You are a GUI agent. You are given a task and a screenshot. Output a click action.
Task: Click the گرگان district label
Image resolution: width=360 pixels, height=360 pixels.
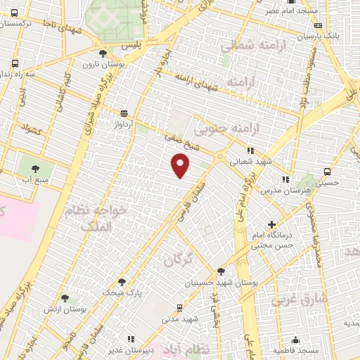coord(179,259)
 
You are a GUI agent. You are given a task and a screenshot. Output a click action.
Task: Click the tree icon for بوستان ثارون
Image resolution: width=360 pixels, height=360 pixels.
coord(103,53)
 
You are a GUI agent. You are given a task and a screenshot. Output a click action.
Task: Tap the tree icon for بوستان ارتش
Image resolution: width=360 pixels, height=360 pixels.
coord(65,299)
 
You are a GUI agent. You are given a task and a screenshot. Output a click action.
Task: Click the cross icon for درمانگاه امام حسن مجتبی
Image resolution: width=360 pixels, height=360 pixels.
coord(271,225)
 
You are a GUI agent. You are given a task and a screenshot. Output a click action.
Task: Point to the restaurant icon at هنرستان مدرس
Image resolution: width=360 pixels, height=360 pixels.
coord(285,180)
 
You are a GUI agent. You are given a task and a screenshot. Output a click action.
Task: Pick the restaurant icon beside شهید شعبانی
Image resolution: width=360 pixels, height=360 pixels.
coord(250,150)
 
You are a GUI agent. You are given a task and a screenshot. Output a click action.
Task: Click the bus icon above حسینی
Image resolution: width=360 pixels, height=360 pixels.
coord(328,171)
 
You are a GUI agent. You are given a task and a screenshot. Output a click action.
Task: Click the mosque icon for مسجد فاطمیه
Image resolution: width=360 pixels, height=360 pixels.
coord(296,340)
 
